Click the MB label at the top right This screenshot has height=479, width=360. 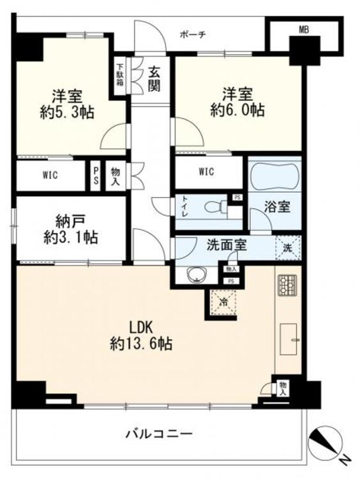click(x=304, y=29)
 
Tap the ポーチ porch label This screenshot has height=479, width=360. click(x=193, y=34)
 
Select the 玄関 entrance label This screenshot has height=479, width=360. click(x=154, y=79)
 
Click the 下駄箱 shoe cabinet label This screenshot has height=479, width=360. click(x=120, y=75)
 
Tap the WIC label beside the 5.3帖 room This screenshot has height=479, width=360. click(x=50, y=176)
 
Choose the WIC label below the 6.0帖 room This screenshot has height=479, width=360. click(x=206, y=172)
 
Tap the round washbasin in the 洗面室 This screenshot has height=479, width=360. click(x=197, y=275)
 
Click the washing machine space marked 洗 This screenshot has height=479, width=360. click(x=288, y=248)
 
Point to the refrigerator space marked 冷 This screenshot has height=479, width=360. click(x=223, y=302)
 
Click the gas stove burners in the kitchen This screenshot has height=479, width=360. click(x=287, y=285)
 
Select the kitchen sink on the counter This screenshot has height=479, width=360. click(x=289, y=340)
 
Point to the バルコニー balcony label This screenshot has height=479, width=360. click(x=160, y=434)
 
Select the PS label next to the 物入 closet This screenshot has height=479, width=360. click(x=96, y=176)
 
